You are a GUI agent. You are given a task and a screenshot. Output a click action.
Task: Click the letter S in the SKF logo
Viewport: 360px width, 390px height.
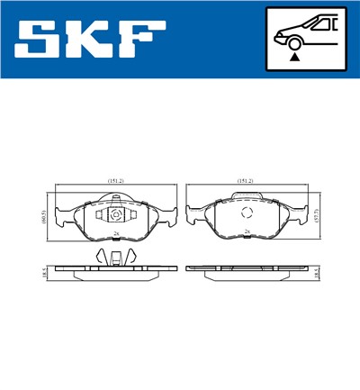pos(41,41)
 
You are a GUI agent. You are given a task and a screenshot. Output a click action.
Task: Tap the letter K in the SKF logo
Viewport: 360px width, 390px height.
pos(93,41)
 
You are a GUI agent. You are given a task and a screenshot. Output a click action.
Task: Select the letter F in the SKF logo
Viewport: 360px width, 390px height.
pos(144,41)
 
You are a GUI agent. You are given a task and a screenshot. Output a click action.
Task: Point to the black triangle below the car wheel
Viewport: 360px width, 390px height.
pos(294,57)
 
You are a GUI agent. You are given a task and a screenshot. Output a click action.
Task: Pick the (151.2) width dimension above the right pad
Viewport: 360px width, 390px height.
pos(245,181)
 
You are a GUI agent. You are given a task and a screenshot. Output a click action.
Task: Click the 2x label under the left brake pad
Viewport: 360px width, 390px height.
pos(117,232)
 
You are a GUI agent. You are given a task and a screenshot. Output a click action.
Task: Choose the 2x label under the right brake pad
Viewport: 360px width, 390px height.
pos(247,232)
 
